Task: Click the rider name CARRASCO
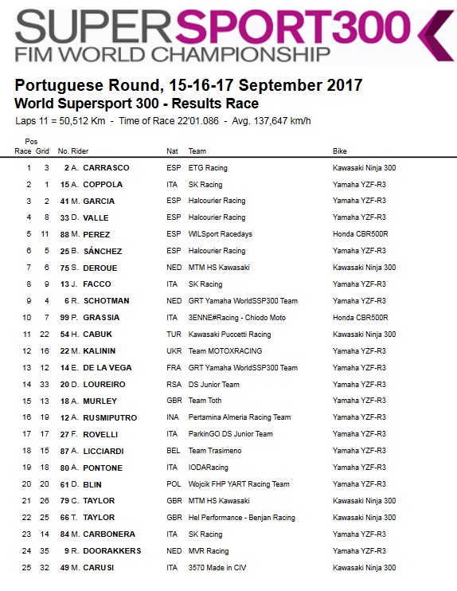(x=106, y=168)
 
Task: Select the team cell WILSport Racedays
(x=220, y=234)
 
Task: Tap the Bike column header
(x=340, y=151)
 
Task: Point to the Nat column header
(x=172, y=151)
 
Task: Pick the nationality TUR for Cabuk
(x=173, y=335)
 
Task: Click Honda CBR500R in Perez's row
(x=360, y=234)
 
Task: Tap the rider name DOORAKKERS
(x=111, y=550)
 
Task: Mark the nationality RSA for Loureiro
(x=173, y=384)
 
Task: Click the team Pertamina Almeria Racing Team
(x=239, y=417)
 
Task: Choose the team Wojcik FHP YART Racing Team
(x=239, y=484)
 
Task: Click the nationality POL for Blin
(x=173, y=484)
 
